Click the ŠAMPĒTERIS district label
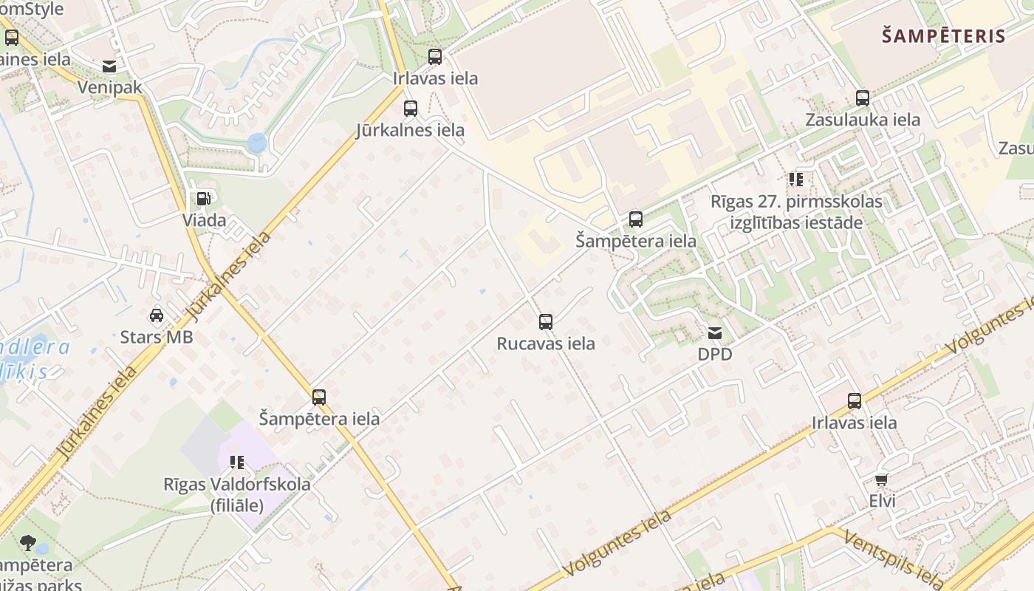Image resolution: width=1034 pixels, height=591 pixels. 944,35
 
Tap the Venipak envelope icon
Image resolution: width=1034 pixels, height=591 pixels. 109,66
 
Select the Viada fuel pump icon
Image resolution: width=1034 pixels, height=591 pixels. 203,198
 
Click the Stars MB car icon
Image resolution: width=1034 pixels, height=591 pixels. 157,315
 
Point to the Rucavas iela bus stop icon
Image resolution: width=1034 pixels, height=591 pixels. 546,321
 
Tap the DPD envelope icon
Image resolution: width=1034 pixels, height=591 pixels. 715,333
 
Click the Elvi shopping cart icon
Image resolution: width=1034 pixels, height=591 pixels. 881,479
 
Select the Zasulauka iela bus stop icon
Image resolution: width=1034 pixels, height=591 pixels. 863,98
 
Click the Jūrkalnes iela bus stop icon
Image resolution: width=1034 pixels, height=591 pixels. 411,109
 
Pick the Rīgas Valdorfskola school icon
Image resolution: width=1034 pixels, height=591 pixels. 237,463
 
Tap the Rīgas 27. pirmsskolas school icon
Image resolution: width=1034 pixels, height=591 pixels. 795,179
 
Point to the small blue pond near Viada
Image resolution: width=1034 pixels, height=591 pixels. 256,143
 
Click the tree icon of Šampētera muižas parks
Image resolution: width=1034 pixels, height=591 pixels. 28,544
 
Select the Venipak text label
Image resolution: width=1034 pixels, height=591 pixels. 109,87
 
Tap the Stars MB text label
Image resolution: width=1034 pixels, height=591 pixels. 157,338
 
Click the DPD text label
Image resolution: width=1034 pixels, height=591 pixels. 715,355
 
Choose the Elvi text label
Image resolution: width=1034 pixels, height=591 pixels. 882,501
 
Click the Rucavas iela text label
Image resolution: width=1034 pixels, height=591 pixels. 546,344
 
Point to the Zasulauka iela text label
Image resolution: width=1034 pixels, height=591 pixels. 863,120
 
